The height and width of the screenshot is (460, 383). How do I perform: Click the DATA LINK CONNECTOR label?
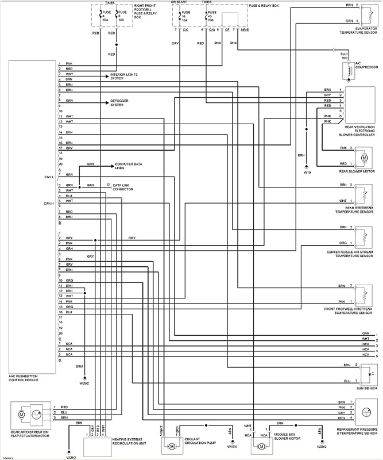123,187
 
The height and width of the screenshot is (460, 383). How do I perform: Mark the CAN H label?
48,203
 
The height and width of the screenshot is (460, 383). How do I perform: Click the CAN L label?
48,178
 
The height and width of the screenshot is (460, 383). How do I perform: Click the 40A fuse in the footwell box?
105,17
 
